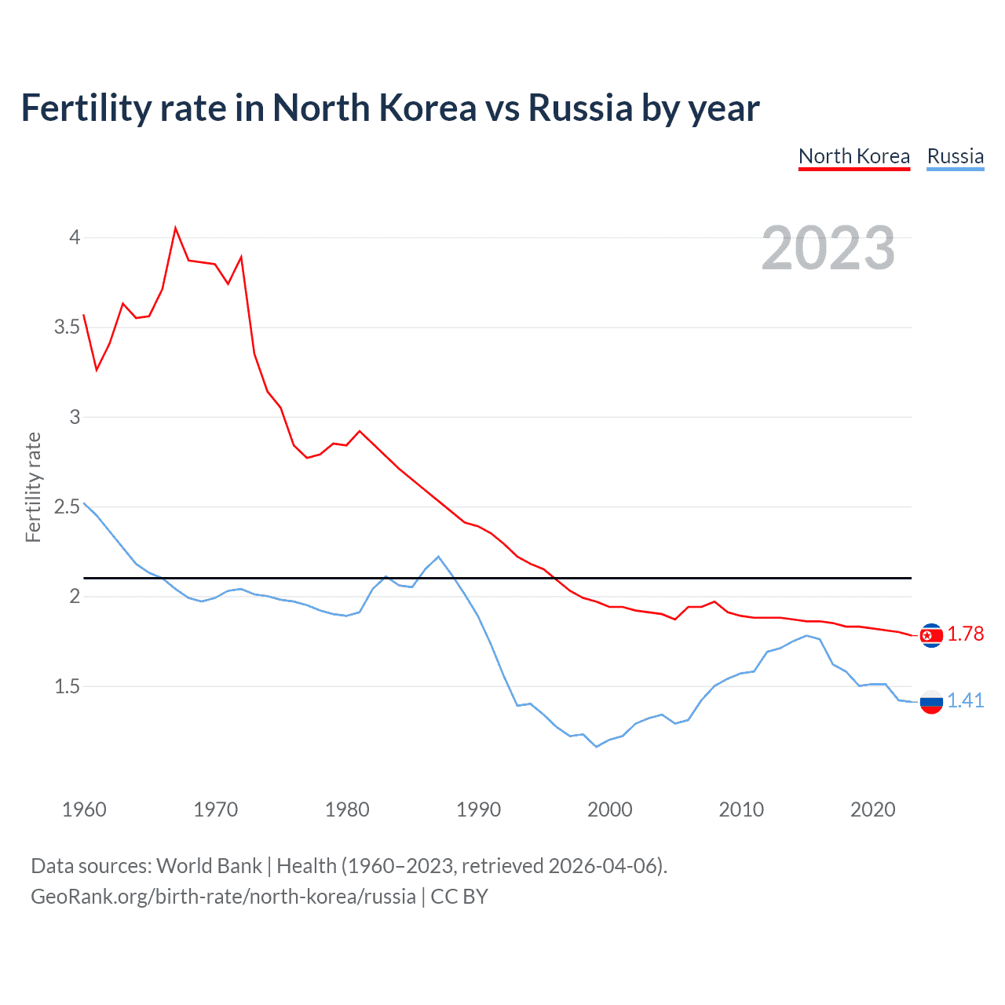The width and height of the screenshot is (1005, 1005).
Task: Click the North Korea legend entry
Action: coord(854,156)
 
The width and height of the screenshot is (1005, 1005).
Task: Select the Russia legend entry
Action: coord(955,156)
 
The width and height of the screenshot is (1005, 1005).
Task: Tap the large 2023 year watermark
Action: coord(828,248)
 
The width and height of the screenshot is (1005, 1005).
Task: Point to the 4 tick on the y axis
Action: coord(75,237)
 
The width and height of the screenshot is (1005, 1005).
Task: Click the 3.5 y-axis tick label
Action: coord(67,327)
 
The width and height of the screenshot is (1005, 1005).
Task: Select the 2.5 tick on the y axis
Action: coord(67,506)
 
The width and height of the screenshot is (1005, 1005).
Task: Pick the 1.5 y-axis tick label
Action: coord(67,686)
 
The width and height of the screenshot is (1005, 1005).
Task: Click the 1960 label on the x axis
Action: coord(84,809)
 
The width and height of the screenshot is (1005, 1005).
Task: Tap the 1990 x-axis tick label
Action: coord(478,809)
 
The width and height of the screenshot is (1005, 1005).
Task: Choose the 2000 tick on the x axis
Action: coord(609,809)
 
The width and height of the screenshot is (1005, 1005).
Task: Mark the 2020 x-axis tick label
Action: coord(872,809)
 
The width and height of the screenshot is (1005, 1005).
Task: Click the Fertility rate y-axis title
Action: coord(33,487)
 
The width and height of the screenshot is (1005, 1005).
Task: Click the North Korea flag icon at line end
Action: coord(931,635)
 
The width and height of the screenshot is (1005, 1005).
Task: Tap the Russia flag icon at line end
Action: coord(931,702)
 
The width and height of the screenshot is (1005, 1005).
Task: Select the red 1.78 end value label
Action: coord(965,634)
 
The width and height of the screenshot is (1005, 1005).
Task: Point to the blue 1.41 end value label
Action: coord(965,700)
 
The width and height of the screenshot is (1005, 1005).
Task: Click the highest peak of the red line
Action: coord(175,228)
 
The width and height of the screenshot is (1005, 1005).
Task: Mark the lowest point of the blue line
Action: coord(597,747)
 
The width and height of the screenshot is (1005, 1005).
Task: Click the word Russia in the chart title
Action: coord(580,108)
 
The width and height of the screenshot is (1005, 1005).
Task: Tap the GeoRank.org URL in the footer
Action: coord(223,897)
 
